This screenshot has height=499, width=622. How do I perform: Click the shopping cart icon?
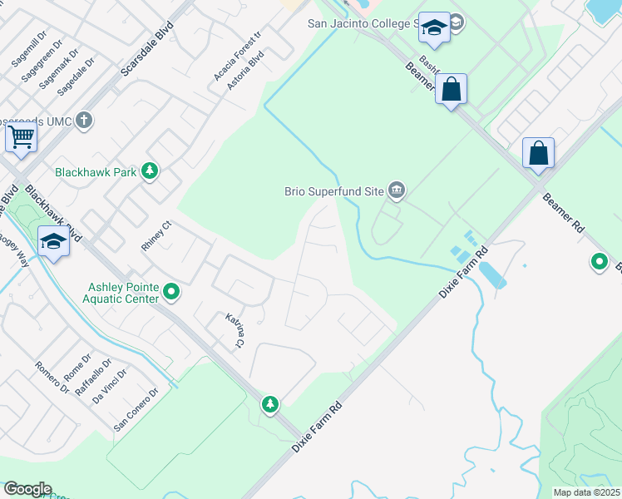pyautogui.click(x=21, y=135)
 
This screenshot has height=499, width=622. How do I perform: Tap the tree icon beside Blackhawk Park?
pyautogui.click(x=150, y=171)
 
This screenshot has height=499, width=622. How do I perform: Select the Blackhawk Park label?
pyautogui.click(x=95, y=173)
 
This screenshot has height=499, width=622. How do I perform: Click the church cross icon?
pyautogui.click(x=83, y=121)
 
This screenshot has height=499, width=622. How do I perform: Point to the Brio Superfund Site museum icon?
pyautogui.click(x=397, y=191)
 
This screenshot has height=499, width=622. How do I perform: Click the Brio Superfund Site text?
pyautogui.click(x=333, y=191)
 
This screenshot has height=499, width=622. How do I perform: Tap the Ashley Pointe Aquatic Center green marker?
pyautogui.click(x=171, y=291)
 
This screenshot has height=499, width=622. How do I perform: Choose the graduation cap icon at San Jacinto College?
pyautogui.click(x=434, y=28)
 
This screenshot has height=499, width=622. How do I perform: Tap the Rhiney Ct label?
pyautogui.click(x=155, y=235)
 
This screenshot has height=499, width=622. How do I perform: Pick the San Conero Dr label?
pyautogui.click(x=136, y=410)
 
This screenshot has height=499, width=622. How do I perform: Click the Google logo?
pyautogui.click(x=27, y=489)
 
